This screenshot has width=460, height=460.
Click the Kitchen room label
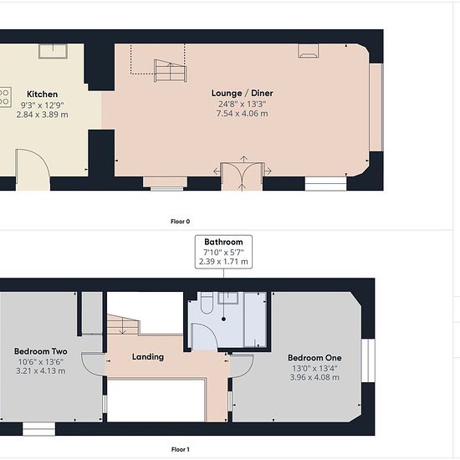click(x=43, y=95)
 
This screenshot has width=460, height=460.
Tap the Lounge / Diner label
click(x=243, y=94)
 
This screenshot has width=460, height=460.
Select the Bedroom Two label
click(x=41, y=351)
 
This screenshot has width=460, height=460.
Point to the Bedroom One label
click(x=314, y=358)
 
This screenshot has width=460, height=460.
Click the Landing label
click(x=148, y=357)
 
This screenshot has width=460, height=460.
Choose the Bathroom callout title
click(x=223, y=242)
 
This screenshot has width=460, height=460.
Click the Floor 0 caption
click(x=180, y=222)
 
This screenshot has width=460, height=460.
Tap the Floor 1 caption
click(x=180, y=449)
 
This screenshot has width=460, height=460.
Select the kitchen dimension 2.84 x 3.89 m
click(x=43, y=115)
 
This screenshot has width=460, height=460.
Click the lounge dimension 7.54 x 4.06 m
click(x=243, y=114)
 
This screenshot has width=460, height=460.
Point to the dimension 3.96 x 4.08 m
click(x=314, y=377)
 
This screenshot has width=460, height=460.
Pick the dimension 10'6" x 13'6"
click(x=41, y=361)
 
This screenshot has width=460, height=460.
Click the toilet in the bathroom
click(x=207, y=304)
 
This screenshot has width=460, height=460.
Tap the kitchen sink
click(x=53, y=51)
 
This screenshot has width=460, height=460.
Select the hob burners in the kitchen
click(x=5, y=97)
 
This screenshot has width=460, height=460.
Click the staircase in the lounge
click(x=170, y=71)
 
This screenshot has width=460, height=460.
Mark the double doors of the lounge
click(x=243, y=174)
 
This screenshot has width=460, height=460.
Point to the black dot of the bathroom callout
click(x=224, y=319)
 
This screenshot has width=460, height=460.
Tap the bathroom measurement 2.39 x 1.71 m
click(x=223, y=262)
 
